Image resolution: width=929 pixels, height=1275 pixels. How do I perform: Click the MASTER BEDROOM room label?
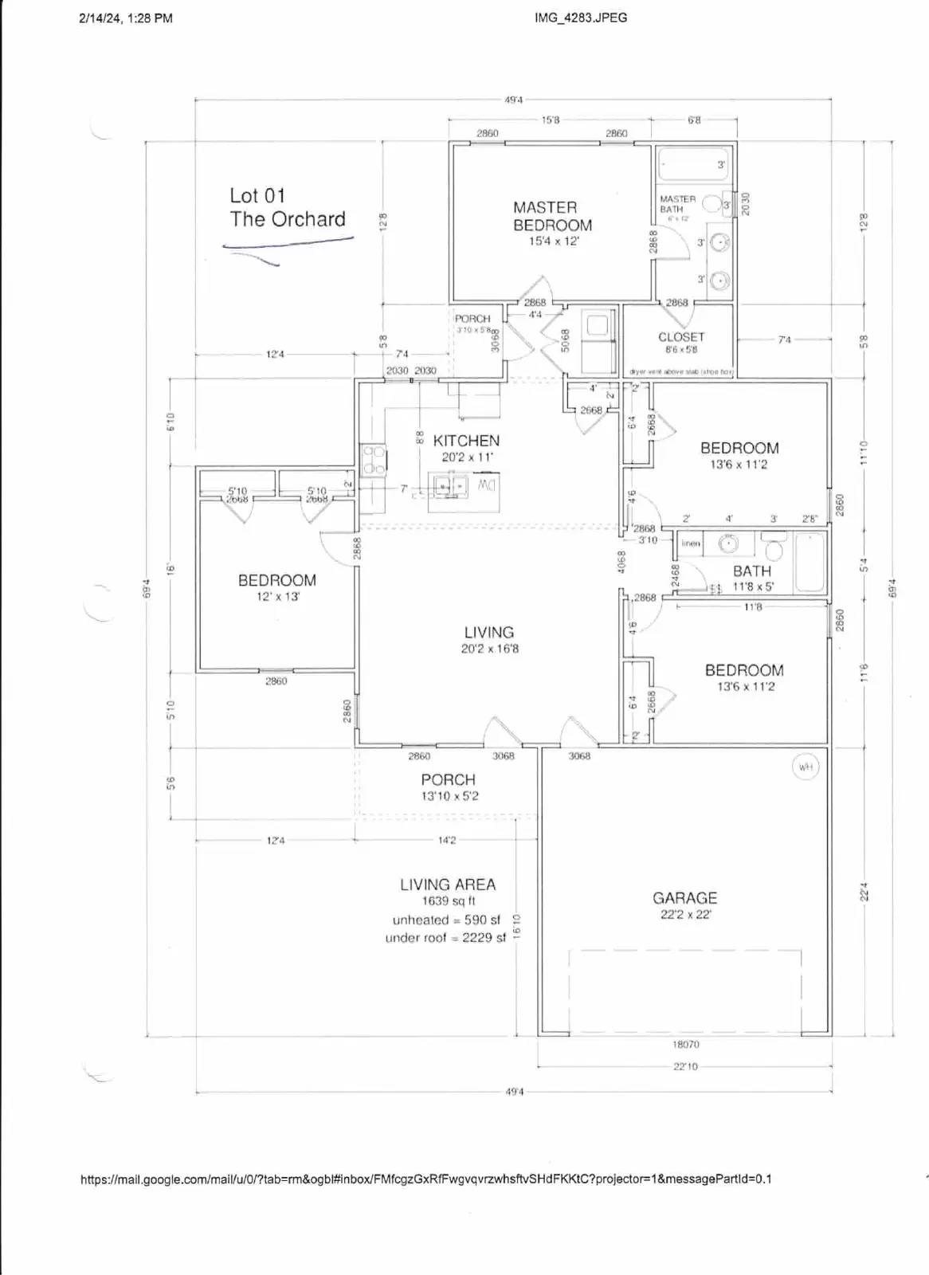551,216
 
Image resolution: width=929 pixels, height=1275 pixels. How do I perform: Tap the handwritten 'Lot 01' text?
257,195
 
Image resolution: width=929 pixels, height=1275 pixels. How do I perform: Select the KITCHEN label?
466,441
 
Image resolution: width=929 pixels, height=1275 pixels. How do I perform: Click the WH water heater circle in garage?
805,767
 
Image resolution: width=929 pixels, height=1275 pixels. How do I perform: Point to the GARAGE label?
684,898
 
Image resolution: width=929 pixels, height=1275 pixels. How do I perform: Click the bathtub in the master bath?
692,165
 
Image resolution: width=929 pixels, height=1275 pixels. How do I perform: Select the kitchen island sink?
452,484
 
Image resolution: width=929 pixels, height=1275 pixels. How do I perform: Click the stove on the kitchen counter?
373,461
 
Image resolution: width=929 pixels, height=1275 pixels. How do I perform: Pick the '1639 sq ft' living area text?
449,901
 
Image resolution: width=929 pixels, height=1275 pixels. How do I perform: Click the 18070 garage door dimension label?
685,1044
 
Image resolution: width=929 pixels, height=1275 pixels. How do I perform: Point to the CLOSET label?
681,337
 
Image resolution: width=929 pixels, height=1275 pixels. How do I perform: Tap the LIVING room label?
488,633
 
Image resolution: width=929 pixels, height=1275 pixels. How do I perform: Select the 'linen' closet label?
691,543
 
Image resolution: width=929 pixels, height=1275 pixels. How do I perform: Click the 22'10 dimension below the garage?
685,1066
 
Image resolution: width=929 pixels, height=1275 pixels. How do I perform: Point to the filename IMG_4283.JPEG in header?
581,18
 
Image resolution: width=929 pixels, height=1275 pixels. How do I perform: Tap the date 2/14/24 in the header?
100,18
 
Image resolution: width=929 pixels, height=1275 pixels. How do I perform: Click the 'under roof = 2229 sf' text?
445,938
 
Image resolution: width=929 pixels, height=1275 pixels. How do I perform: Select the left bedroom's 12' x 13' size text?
276,596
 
